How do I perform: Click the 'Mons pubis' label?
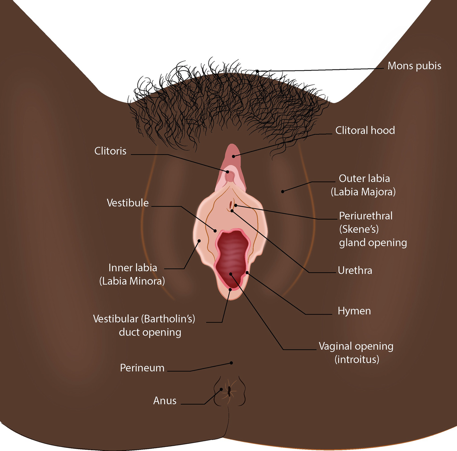(414, 66)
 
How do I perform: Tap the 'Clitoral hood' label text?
(365, 130)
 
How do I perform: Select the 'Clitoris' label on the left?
(110, 151)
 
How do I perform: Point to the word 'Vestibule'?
(128, 203)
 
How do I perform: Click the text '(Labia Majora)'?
(363, 192)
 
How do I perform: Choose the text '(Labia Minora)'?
(132, 281)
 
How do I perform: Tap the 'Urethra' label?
(355, 270)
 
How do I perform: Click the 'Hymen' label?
(354, 311)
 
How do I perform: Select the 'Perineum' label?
(142, 368)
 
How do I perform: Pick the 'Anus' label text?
(165, 401)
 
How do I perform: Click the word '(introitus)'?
(357, 360)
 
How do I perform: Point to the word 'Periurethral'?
(366, 216)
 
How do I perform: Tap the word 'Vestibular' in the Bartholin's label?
(116, 319)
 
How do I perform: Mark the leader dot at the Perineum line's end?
(231, 363)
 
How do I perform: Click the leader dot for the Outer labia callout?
(283, 192)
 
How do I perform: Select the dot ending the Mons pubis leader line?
(257, 71)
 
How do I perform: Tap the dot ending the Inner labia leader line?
(199, 240)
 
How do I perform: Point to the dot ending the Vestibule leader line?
(215, 231)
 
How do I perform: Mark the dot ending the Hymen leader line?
(247, 273)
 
